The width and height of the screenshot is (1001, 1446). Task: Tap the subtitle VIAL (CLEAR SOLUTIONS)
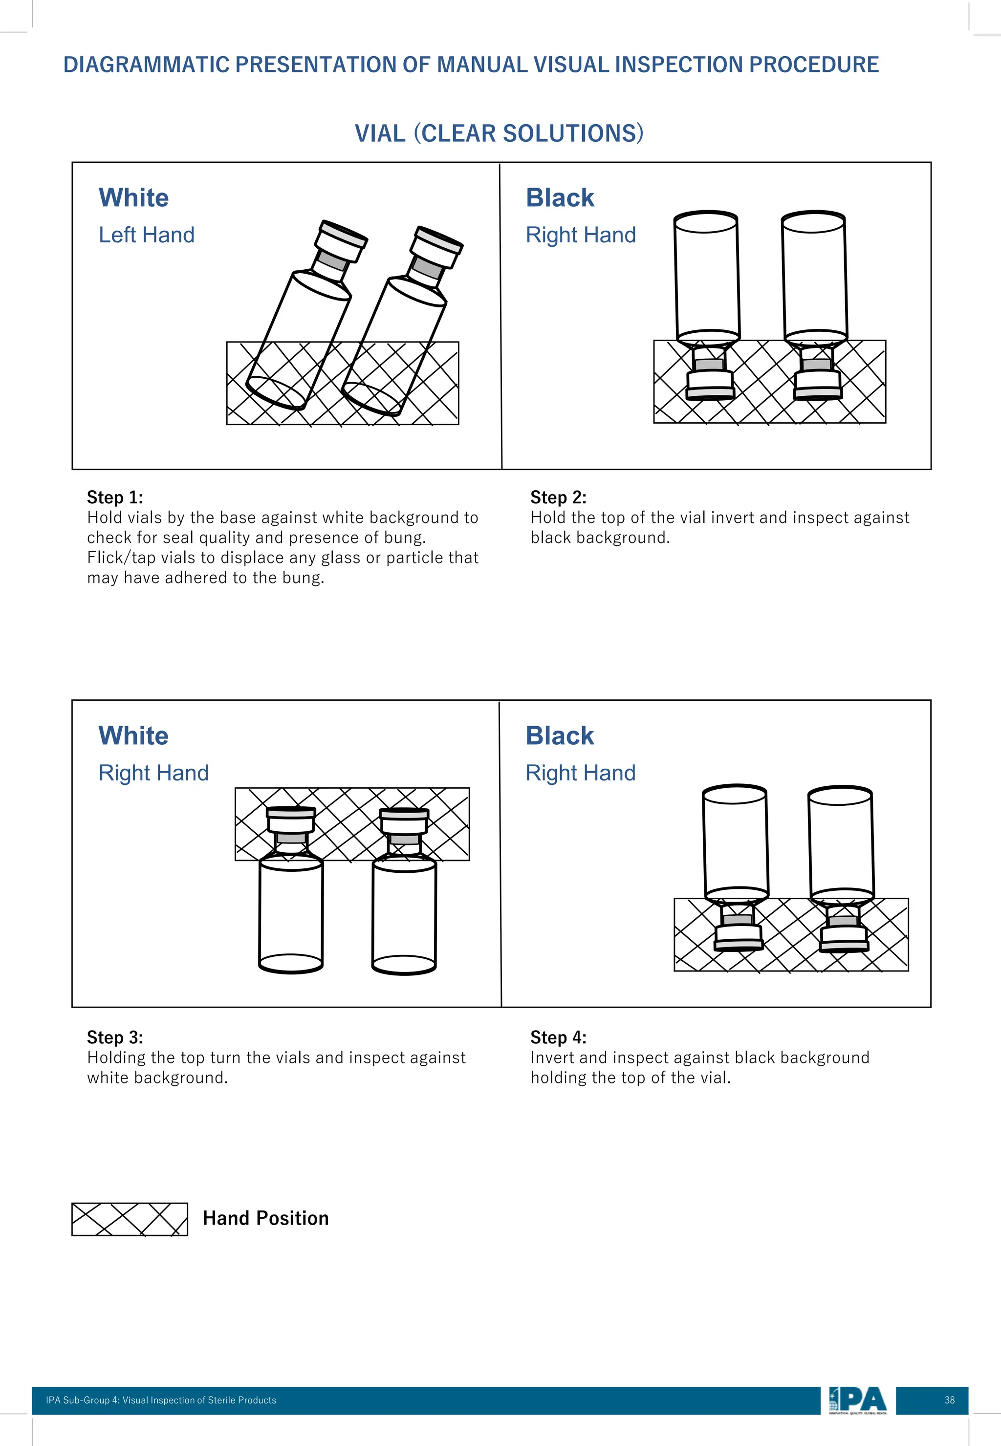pos(499,133)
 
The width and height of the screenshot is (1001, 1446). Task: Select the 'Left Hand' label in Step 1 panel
pos(146,235)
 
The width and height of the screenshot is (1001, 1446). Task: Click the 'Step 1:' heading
pos(115,497)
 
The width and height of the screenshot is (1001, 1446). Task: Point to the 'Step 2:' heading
pos(558,497)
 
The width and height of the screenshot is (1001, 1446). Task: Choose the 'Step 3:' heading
pos(115,1037)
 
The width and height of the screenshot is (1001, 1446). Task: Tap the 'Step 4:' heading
pos(558,1037)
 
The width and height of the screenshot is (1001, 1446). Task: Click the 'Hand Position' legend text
pos(265,1218)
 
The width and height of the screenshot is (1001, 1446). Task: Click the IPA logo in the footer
pos(857,1400)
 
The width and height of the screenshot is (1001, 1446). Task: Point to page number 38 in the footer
pos(950,1400)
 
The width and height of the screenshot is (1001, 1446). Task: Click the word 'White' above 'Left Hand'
pos(133,198)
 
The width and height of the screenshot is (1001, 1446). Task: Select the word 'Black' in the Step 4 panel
pos(560,735)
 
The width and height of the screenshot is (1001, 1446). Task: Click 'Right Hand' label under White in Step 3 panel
pos(153,773)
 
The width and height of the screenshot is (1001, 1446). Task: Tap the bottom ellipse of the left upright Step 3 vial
pos(290,963)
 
